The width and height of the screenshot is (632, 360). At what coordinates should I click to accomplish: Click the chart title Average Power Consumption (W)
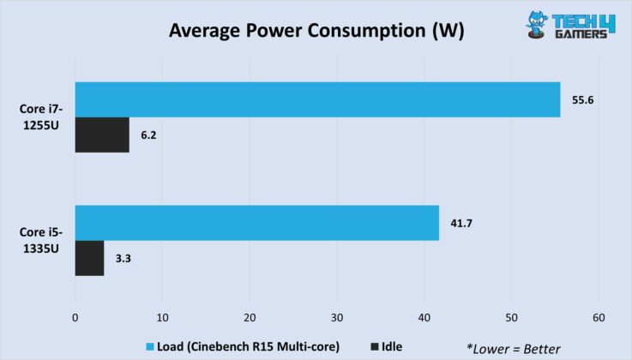pos(316,32)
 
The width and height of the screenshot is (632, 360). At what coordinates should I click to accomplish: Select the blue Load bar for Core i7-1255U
pos(317,99)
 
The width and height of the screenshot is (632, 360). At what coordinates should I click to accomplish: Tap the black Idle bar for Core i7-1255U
pos(102,135)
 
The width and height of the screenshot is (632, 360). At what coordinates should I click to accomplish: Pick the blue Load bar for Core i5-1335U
pos(256,222)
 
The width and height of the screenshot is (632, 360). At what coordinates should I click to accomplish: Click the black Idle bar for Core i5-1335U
pos(89,258)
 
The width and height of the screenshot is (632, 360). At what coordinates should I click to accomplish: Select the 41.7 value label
pos(461,223)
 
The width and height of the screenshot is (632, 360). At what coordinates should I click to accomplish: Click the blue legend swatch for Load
pos(150,346)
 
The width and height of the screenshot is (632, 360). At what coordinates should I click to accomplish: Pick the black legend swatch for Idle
pos(375,346)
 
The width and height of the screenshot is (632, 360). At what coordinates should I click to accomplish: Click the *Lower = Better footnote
pos(514,348)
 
